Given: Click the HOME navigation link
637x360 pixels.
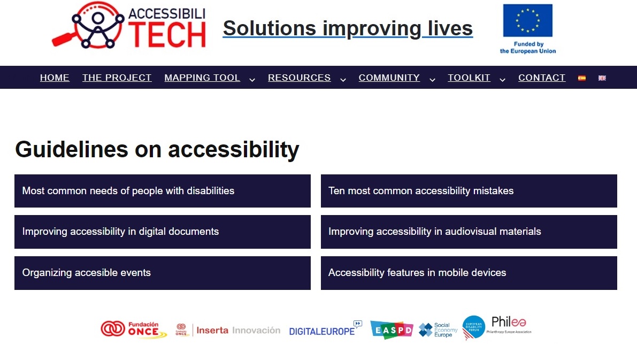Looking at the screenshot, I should click(x=55, y=78).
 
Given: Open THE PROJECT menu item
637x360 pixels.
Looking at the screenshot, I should click(x=117, y=78).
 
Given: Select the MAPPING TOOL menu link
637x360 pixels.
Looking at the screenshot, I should click(x=202, y=78).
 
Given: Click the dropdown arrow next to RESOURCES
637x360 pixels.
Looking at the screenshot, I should click(x=343, y=79).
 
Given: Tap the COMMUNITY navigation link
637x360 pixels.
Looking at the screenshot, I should click(x=389, y=78).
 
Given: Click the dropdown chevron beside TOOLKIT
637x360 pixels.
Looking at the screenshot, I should click(x=502, y=79).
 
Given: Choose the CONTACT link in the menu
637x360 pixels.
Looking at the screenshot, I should click(x=541, y=78).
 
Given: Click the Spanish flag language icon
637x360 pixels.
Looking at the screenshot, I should click(x=582, y=78).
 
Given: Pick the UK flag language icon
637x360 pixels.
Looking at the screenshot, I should click(x=602, y=78).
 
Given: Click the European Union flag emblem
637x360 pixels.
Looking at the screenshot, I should click(x=527, y=21).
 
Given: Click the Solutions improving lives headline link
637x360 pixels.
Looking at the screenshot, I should click(x=348, y=28).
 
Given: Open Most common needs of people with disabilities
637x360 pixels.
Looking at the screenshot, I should click(x=162, y=191).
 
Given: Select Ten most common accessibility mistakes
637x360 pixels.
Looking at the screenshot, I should click(x=469, y=191).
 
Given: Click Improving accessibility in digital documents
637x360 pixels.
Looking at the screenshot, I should click(x=162, y=232).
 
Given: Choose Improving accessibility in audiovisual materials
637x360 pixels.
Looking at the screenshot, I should click(x=469, y=232).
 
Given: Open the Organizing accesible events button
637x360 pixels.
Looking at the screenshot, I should click(x=162, y=273).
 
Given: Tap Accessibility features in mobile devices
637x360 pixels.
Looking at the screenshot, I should click(x=469, y=273).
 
